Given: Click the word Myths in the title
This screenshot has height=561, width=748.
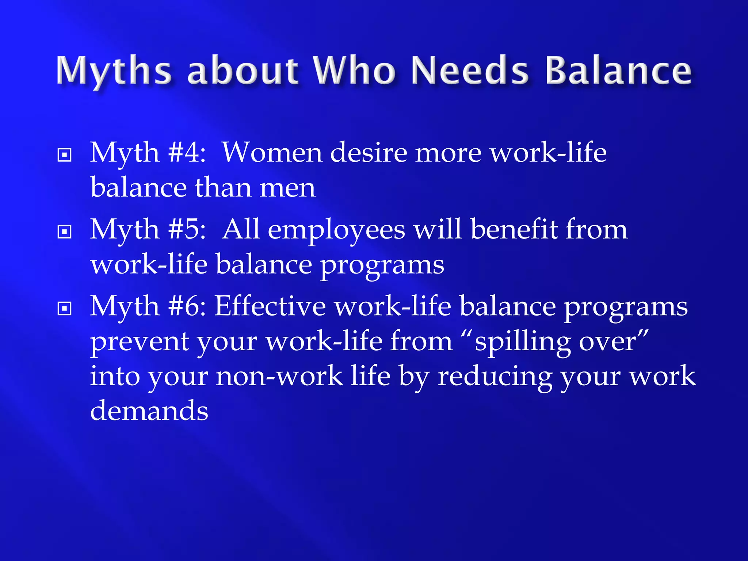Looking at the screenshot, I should (x=114, y=71).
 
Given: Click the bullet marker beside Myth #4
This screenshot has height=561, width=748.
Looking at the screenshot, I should (x=65, y=155).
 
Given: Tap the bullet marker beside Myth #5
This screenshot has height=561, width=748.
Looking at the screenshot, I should (x=65, y=232).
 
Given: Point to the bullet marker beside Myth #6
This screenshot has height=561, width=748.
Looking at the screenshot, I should (x=65, y=309).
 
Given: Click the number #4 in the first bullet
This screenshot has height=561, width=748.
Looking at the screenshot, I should (x=187, y=153).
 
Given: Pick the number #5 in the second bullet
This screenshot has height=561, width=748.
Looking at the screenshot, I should (x=187, y=230).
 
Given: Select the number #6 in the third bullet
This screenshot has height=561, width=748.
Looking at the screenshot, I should (x=187, y=306).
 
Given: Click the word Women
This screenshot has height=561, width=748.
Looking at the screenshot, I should (x=272, y=153).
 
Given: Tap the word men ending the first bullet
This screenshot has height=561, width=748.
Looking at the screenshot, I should (x=287, y=188).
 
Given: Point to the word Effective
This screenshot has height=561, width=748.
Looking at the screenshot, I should (x=270, y=306).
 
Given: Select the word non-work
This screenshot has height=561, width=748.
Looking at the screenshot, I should (x=279, y=377).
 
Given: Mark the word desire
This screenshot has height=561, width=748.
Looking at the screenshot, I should (x=369, y=153).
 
